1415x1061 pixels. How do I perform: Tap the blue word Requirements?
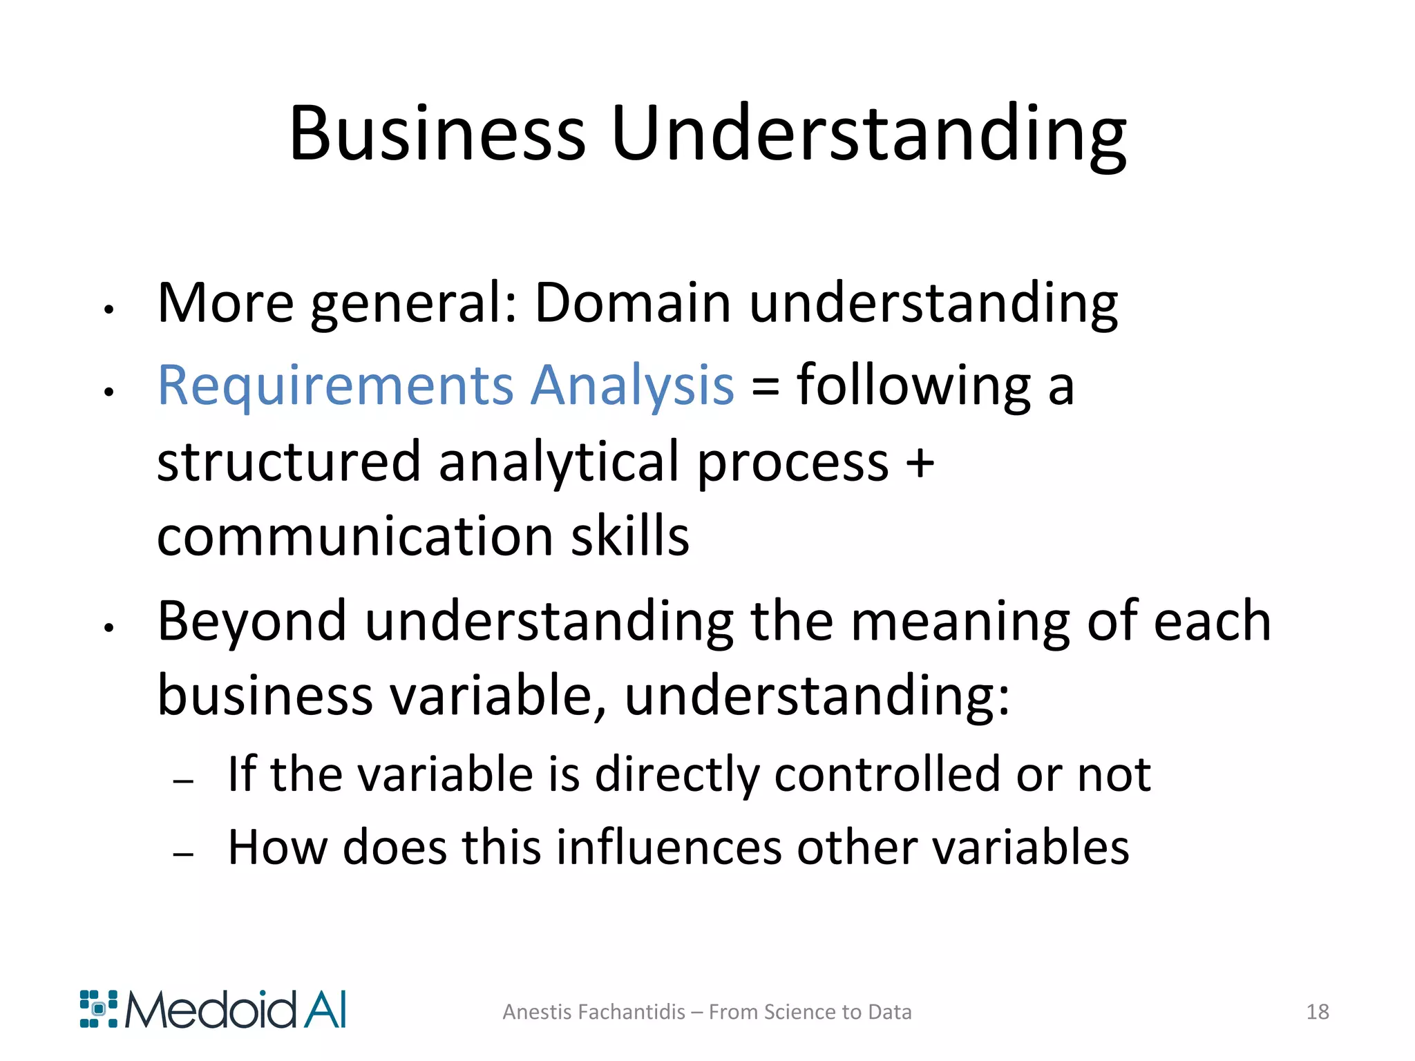(x=335, y=385)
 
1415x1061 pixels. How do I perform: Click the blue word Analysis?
(x=631, y=385)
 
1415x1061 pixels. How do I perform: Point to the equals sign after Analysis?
(x=766, y=387)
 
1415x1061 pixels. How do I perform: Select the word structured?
(x=289, y=461)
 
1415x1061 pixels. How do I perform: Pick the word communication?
(x=354, y=536)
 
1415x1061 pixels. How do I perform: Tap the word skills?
(x=629, y=536)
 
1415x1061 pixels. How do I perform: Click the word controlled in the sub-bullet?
(x=886, y=774)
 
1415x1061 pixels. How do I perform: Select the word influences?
(x=668, y=847)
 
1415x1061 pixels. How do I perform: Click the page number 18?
(x=1318, y=1012)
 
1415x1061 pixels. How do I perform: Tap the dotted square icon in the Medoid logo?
(x=99, y=1009)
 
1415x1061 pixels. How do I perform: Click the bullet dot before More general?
(x=108, y=310)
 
